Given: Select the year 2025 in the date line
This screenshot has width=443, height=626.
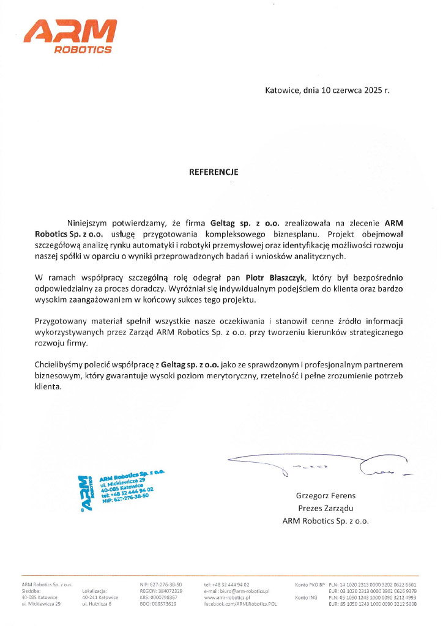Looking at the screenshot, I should pos(372,90).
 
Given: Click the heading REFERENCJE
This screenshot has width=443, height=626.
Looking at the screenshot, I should pos(213,172).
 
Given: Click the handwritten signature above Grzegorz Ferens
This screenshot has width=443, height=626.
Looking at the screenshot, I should pos(318,464).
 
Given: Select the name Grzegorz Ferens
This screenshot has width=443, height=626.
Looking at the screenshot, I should pos(326,496).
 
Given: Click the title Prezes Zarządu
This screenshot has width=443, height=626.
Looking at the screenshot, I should pos(326,509).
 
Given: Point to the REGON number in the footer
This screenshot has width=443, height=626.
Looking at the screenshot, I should pos(161,591).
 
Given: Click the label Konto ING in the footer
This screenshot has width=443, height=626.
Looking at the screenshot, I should pos(306,597).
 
